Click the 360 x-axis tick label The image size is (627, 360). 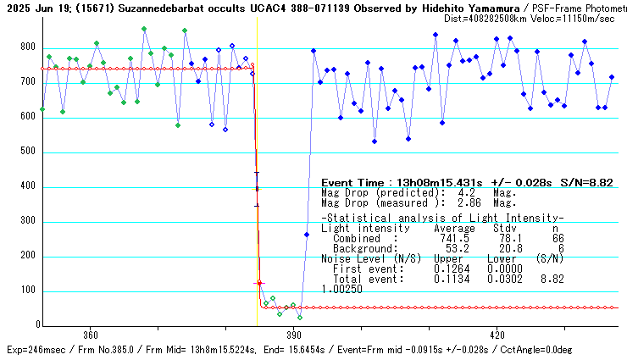[x=91, y=334]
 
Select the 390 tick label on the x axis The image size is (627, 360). [x=294, y=334]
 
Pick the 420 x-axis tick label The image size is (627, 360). [x=497, y=334]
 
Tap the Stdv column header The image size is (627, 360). [x=504, y=229]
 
